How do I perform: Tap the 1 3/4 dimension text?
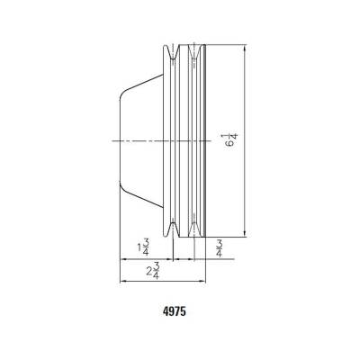pos(142,247)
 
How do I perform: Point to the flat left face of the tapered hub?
pos(121,139)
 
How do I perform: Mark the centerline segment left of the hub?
pos(112,140)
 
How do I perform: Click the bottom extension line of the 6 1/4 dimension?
pos(229,238)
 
